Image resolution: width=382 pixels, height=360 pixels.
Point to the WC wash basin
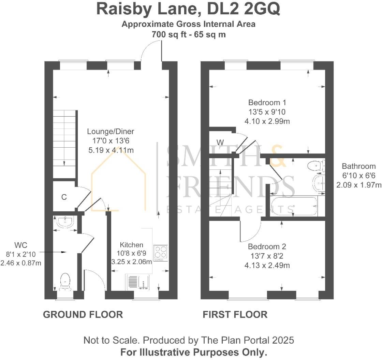65,223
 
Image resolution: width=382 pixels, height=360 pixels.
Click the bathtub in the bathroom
293,206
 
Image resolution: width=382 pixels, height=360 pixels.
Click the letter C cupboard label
63,197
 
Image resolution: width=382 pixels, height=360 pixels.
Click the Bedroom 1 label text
267,102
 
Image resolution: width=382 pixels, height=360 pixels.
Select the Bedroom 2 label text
267,246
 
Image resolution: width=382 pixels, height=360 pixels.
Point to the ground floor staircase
64,143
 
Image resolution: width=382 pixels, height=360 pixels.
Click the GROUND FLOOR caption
83,314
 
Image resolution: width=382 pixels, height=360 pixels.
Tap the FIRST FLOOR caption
235,314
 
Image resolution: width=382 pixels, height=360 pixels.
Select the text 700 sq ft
168,34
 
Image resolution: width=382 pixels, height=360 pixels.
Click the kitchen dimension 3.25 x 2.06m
131,262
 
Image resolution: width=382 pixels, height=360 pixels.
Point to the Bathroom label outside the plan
359,167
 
